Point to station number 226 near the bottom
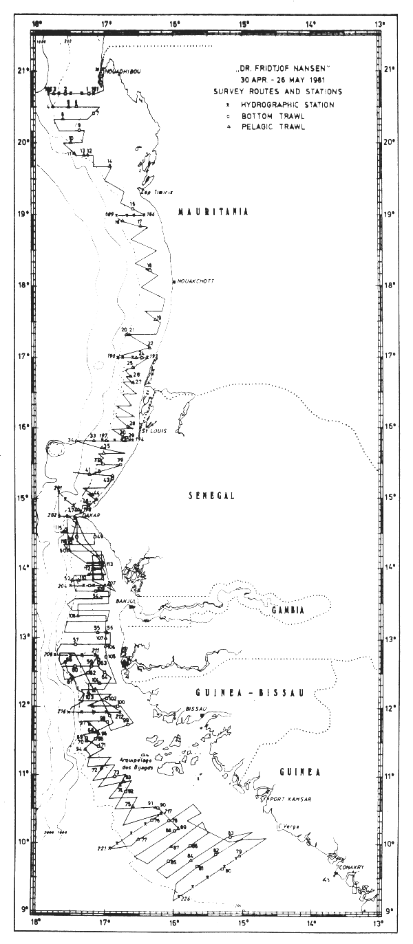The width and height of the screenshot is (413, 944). tap(184, 897)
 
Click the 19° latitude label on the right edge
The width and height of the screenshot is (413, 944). tap(391, 214)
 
